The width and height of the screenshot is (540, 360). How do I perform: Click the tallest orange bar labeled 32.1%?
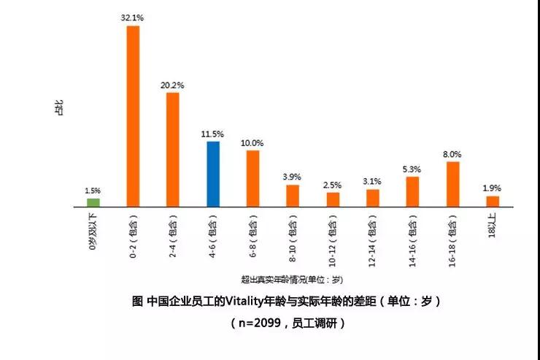click(x=133, y=116)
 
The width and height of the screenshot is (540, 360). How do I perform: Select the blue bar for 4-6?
click(x=213, y=174)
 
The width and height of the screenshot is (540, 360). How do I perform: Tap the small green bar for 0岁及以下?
click(x=93, y=202)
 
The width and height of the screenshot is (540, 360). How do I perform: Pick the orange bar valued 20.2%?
click(x=173, y=149)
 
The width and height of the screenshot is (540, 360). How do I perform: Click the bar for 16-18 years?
click(x=452, y=184)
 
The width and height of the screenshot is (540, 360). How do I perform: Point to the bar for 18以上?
click(x=493, y=201)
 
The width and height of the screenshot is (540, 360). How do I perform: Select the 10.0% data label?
click(x=252, y=143)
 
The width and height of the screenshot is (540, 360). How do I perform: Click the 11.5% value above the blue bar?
click(x=213, y=134)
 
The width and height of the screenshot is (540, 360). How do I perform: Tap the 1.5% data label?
click(x=93, y=191)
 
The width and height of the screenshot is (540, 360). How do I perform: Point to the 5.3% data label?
click(x=412, y=169)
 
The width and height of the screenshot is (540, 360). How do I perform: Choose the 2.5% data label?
click(x=333, y=185)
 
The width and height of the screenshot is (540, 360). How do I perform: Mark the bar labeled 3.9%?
click(x=293, y=196)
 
